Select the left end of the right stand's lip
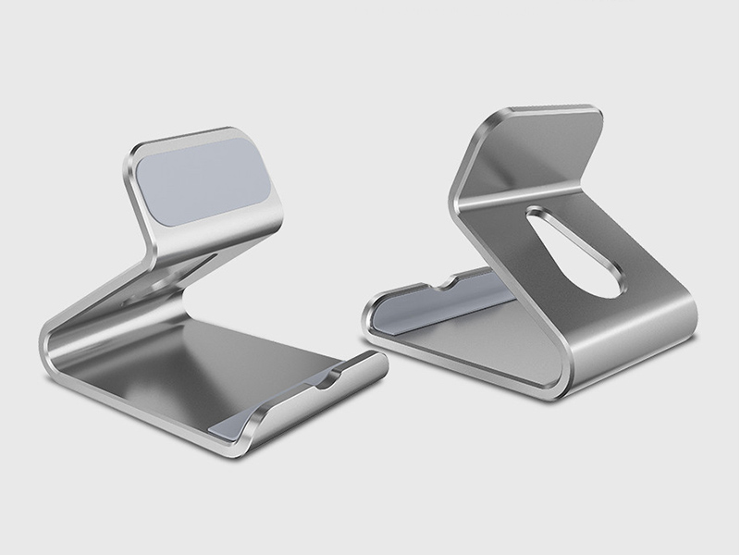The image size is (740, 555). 367,314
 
